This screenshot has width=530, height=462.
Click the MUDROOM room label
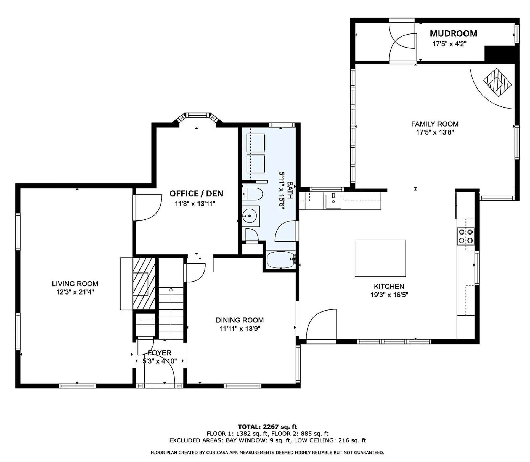tap(454, 33)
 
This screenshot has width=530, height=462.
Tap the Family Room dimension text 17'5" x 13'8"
tap(435, 132)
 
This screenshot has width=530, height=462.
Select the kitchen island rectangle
tap(380, 258)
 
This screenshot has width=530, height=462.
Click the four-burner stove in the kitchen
tap(466, 236)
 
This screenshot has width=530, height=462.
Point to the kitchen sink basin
tap(333, 201)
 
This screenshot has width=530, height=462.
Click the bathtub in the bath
tap(281, 259)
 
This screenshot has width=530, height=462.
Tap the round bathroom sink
tap(250, 216)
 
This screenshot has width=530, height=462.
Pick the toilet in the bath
tap(252, 194)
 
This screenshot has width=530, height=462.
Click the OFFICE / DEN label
tap(196, 194)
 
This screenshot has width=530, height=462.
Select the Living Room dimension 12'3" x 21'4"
tap(75, 292)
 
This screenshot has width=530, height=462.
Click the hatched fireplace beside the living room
tap(144, 284)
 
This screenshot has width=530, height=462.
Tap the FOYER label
tap(160, 353)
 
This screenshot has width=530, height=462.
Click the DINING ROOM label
tap(240, 320)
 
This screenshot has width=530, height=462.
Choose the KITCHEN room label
tap(389, 286)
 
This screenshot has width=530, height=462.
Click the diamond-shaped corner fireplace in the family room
tap(497, 82)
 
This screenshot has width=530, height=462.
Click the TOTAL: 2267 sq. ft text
tap(267, 427)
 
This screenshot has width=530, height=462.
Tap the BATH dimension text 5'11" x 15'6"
tap(281, 191)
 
